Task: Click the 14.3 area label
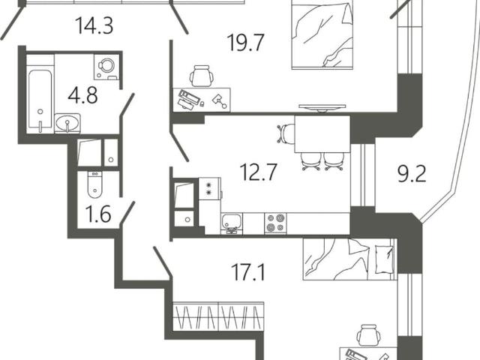(x=94, y=25)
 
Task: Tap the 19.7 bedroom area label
(x=245, y=43)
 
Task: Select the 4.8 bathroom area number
(x=83, y=95)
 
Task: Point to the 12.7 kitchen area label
(x=259, y=172)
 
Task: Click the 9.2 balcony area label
(x=412, y=175)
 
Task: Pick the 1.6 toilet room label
(x=98, y=214)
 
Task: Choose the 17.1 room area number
(x=248, y=272)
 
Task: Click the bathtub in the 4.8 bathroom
(x=40, y=101)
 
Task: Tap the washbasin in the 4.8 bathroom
(x=67, y=123)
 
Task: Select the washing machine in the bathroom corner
(x=106, y=67)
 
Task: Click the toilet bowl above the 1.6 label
(x=94, y=185)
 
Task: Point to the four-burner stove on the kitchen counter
(x=276, y=223)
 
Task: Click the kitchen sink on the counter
(x=231, y=223)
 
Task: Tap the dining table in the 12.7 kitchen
(x=322, y=133)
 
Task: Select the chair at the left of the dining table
(x=286, y=133)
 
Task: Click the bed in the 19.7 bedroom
(x=322, y=34)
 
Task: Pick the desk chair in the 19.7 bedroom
(x=202, y=76)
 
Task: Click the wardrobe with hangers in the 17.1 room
(x=218, y=316)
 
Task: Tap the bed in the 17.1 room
(x=349, y=259)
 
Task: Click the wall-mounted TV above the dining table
(x=322, y=107)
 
